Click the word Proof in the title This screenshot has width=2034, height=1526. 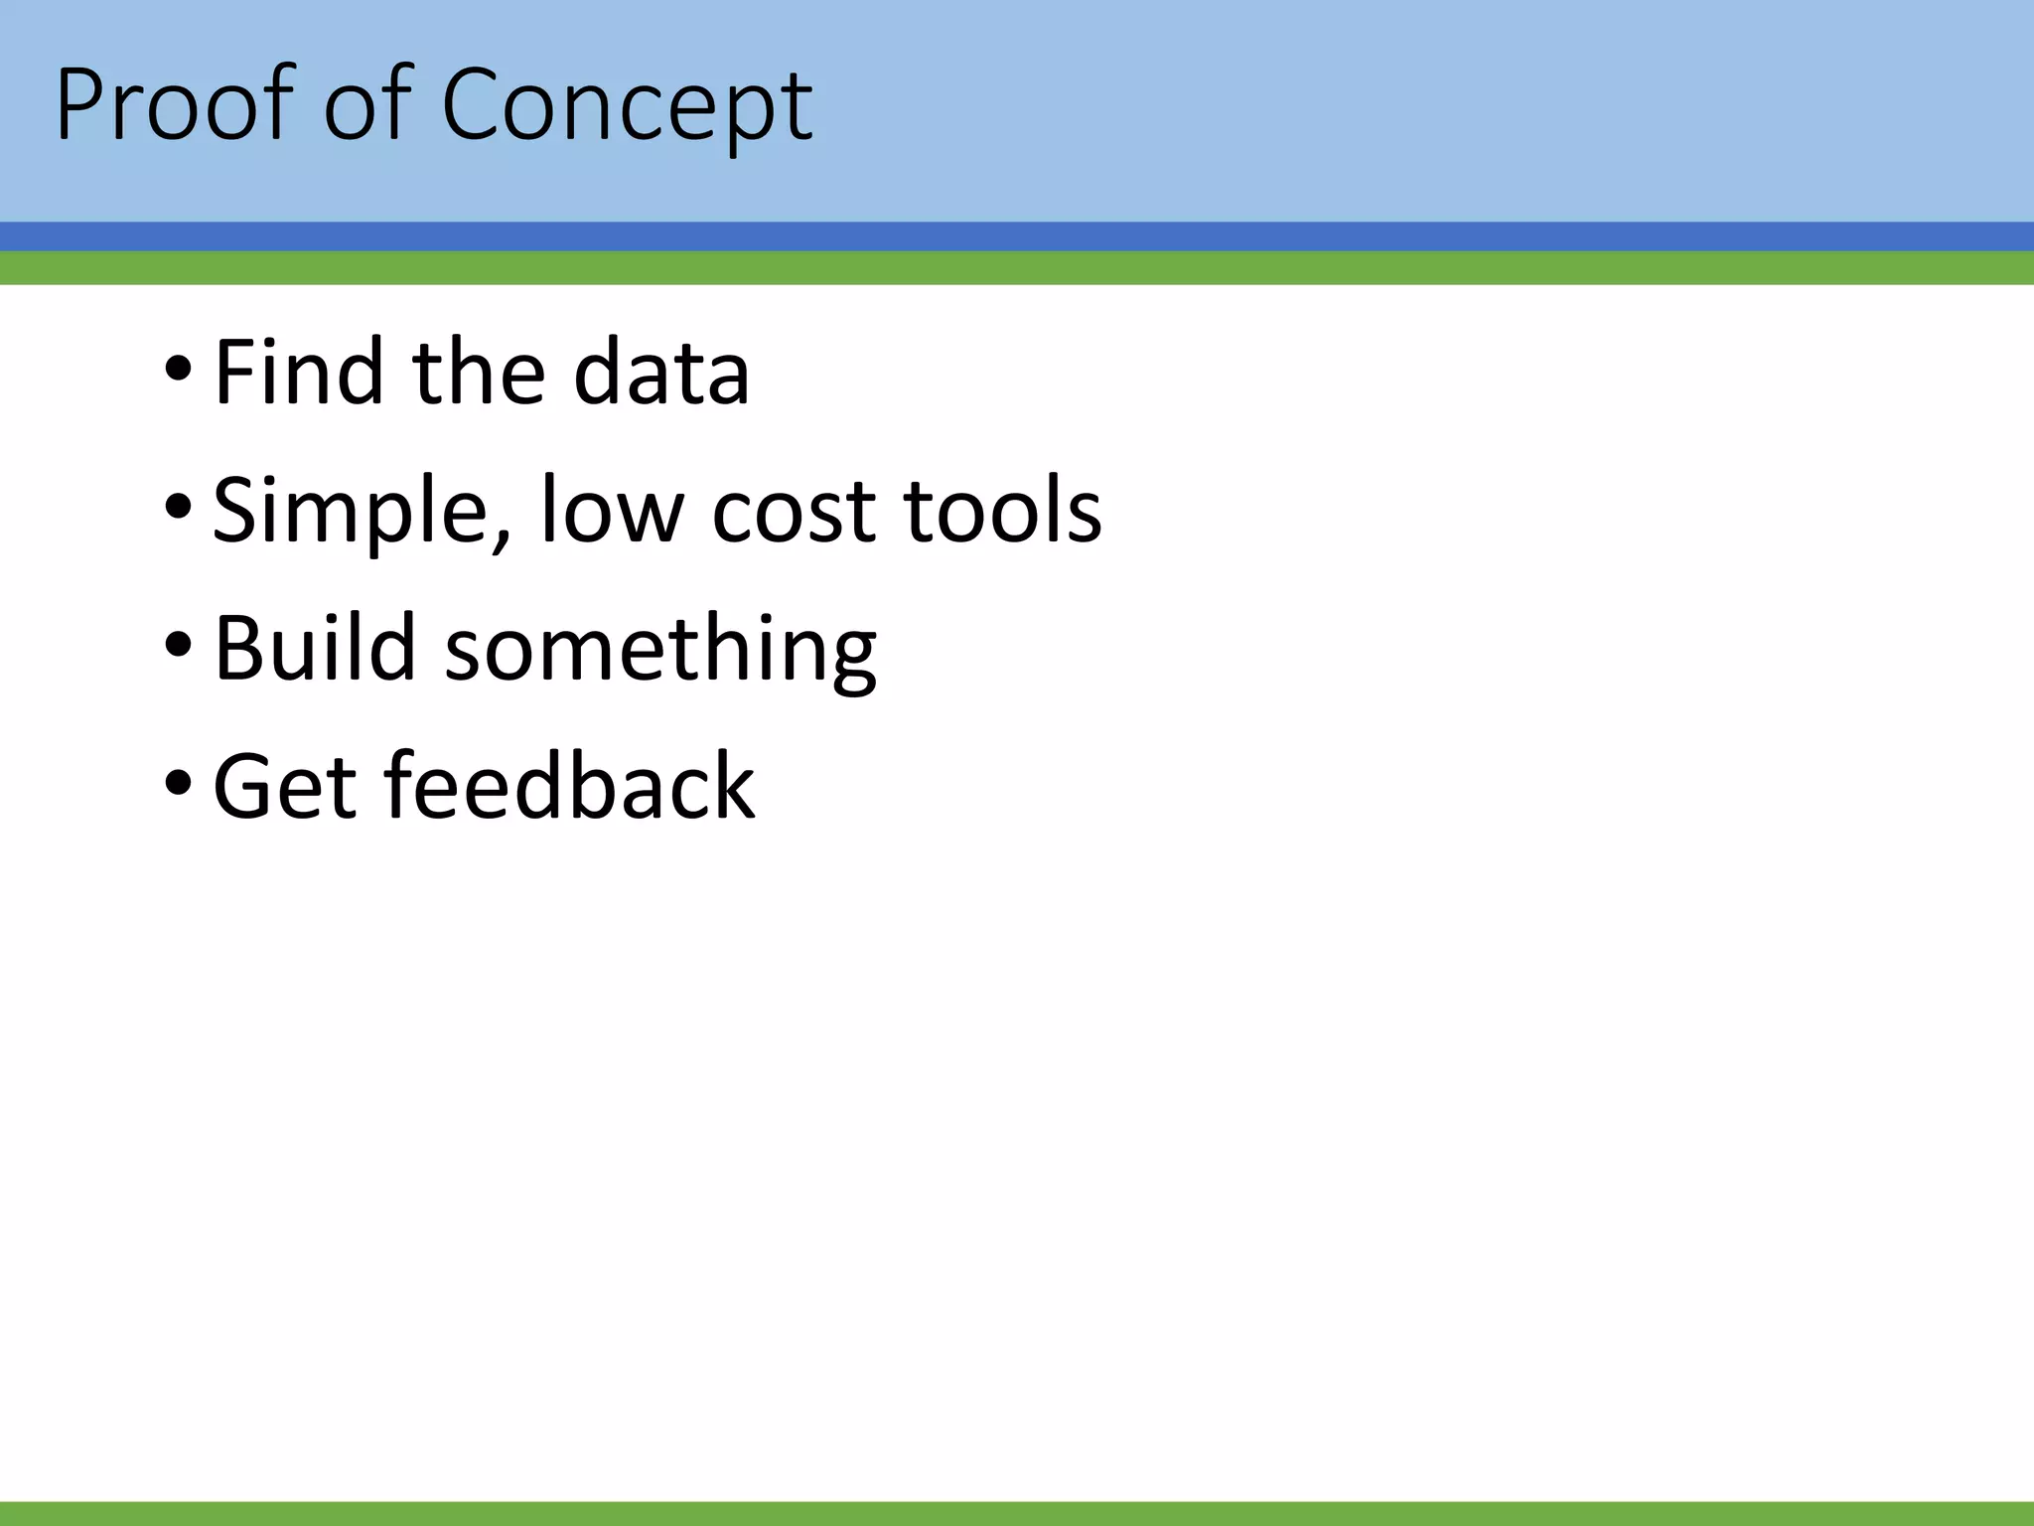(x=175, y=105)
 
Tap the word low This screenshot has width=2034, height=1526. (x=612, y=511)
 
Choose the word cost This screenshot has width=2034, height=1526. (x=796, y=513)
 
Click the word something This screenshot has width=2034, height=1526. (x=660, y=650)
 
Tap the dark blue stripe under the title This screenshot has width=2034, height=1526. (x=1017, y=236)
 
